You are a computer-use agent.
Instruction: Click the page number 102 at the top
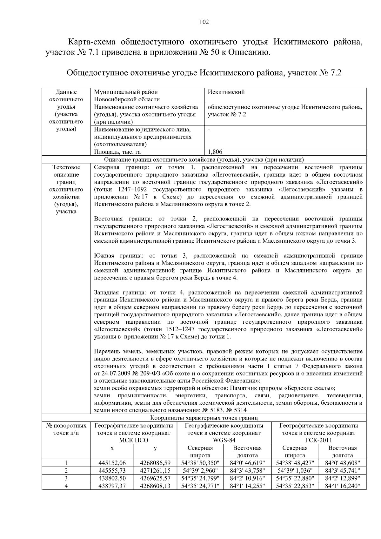pos(204,22)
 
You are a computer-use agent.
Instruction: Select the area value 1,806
pos(215,152)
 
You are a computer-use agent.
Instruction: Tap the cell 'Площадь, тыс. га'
pos(117,152)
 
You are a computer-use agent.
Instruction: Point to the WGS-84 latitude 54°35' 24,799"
pos(200,478)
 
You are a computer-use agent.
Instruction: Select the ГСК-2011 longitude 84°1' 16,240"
pos(342,486)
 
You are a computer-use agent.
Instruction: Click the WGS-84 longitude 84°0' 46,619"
pos(247,463)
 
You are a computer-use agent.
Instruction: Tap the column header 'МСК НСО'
pos(133,440)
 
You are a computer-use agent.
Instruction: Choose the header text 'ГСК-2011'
pos(318,440)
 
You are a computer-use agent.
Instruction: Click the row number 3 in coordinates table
pos(66,478)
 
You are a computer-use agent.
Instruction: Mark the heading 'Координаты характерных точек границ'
pos(204,418)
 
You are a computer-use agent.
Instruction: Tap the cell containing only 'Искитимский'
pos(226,92)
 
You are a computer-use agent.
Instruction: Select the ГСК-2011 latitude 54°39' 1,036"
pos(295,471)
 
